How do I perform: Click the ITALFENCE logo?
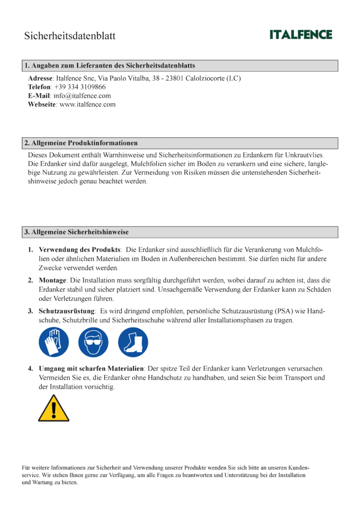[300, 35]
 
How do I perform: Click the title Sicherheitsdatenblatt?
[70, 36]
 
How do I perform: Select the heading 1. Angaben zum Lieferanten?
[109, 66]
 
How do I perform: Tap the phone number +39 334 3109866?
[80, 87]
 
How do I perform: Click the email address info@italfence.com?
[82, 95]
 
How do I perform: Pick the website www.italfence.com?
[87, 104]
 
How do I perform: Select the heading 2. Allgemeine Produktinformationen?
[81, 143]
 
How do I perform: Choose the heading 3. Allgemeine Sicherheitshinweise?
[76, 232]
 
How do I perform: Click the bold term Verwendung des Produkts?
[79, 250]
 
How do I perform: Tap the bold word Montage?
[52, 280]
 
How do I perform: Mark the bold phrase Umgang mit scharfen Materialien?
[91, 368]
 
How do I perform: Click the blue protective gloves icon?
[54, 342]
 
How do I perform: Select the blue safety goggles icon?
[93, 342]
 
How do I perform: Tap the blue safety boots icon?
[133, 342]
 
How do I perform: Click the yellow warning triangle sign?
[54, 408]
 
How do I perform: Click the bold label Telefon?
[39, 87]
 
